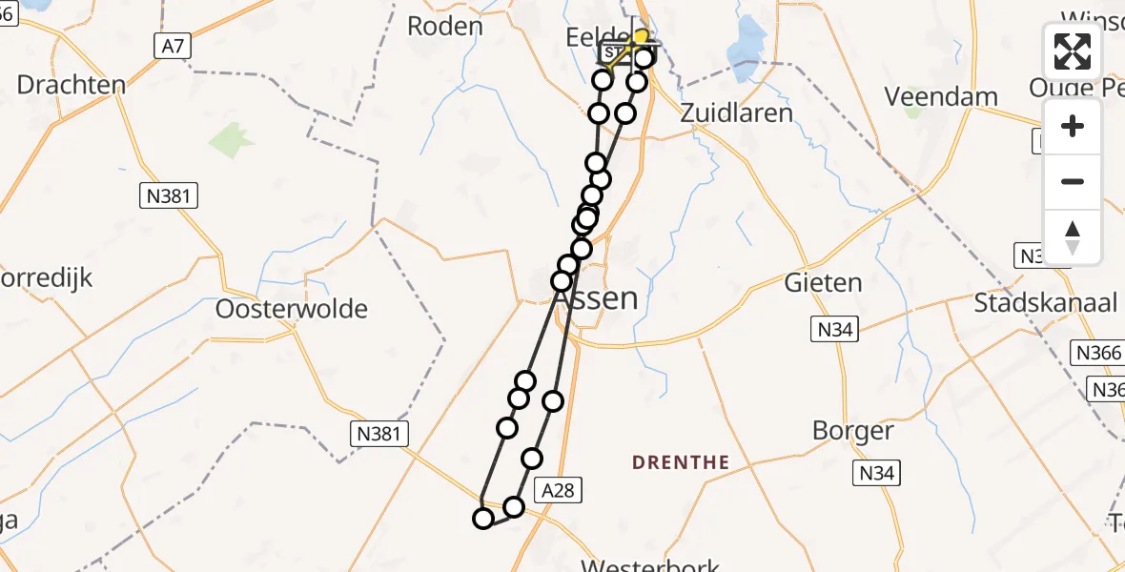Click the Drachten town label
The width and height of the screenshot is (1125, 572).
[72, 85]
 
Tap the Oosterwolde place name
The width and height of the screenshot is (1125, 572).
[292, 309]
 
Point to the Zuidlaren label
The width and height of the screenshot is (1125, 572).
[736, 112]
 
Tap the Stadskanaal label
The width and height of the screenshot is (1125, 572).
[1045, 303]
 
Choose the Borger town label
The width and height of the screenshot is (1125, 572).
[853, 431]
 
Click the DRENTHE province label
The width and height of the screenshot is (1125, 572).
[681, 462]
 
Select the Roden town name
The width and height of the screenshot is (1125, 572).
[445, 26]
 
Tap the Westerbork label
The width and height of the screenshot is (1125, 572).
[650, 565]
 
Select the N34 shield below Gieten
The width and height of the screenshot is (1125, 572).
[835, 331]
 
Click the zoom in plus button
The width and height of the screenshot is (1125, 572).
[1073, 126]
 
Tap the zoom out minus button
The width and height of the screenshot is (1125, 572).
[1073, 181]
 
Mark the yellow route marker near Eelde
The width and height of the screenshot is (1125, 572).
[642, 38]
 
